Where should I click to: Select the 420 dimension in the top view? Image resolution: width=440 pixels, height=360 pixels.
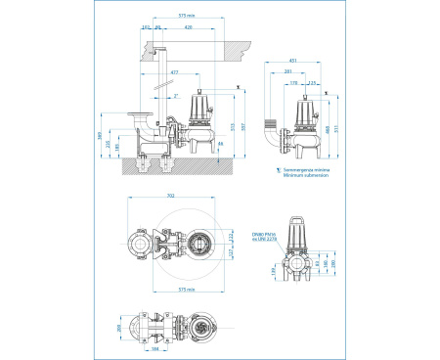point(188,28)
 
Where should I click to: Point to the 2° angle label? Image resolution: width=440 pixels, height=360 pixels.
point(176,96)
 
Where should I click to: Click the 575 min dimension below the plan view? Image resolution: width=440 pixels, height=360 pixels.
point(174,291)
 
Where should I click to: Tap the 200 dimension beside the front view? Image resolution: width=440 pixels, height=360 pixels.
point(334,263)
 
